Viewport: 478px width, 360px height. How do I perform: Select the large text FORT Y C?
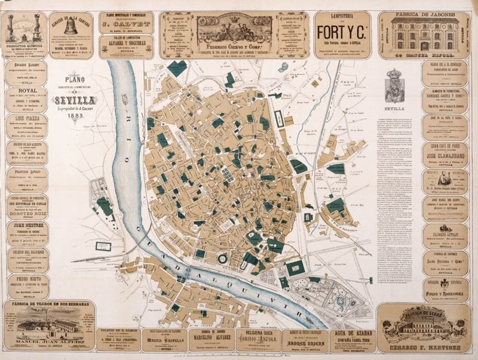tap(341, 30)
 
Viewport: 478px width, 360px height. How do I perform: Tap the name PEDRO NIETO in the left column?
tap(28, 279)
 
